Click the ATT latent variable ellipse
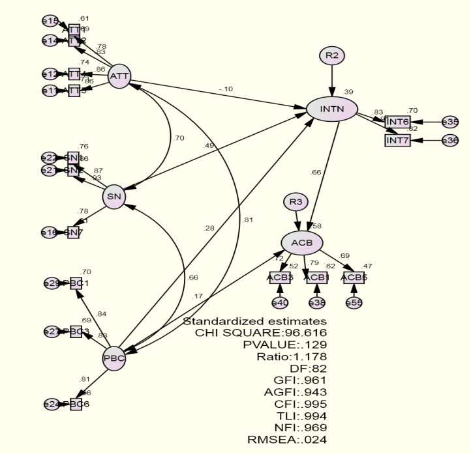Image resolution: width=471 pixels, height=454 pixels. (x=119, y=76)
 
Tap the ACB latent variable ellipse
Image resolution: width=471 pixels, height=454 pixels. (x=302, y=242)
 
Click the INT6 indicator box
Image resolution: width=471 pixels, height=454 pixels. (x=397, y=122)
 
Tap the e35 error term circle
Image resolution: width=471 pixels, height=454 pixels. (x=450, y=122)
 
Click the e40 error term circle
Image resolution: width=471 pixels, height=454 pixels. (x=280, y=302)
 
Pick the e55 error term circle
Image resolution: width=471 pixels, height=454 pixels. (x=354, y=302)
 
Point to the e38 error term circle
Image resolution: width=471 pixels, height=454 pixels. (x=316, y=302)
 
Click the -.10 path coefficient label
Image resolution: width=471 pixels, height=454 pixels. (x=226, y=89)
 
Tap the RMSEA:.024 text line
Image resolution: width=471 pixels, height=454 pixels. (x=288, y=439)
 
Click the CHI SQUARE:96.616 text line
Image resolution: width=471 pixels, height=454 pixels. (x=260, y=333)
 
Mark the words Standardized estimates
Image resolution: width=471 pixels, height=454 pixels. (x=254, y=322)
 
